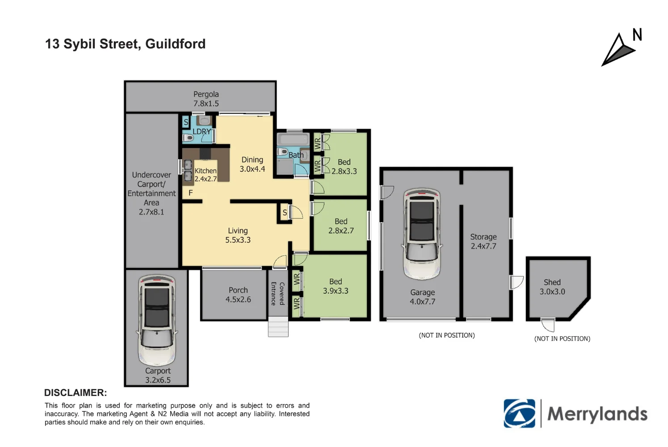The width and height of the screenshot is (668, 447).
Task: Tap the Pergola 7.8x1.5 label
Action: click(206, 99)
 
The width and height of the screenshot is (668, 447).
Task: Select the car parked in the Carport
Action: click(157, 320)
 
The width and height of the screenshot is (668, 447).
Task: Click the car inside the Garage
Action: click(422, 233)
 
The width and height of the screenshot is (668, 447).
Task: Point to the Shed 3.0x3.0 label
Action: click(552, 287)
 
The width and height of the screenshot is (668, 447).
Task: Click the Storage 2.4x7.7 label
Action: click(483, 241)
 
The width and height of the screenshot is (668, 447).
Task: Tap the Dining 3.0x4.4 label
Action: click(252, 164)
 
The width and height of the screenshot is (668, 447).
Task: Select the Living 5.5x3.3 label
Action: click(238, 235)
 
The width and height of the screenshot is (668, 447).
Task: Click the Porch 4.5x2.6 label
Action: click(238, 295)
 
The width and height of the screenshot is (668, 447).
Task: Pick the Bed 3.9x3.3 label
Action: click(336, 286)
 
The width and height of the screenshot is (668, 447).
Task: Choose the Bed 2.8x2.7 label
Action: click(341, 226)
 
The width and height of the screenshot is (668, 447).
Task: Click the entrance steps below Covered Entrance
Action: click(278, 327)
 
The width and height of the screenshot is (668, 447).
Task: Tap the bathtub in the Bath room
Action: click(293, 139)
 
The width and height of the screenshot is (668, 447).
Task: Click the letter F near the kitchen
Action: click(191, 193)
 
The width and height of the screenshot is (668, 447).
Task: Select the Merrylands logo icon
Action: click(519, 413)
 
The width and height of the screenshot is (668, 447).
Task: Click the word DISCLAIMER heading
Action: click(76, 393)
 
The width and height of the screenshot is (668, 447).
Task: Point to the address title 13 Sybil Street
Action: click(125, 44)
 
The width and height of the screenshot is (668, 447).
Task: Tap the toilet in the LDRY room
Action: click(188, 138)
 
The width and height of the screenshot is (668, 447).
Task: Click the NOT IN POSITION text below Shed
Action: click(562, 339)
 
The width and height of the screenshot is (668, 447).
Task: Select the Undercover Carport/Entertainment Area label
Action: click(151, 193)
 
